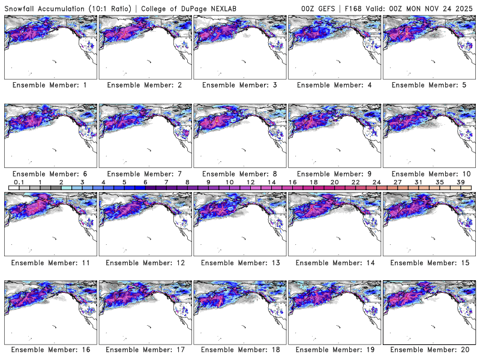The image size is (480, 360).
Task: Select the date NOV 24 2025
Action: [x=449, y=7]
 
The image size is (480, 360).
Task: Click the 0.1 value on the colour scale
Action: [x=19, y=182]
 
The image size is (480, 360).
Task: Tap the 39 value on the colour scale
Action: [x=461, y=182]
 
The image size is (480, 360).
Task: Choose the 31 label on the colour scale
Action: [x=419, y=182]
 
